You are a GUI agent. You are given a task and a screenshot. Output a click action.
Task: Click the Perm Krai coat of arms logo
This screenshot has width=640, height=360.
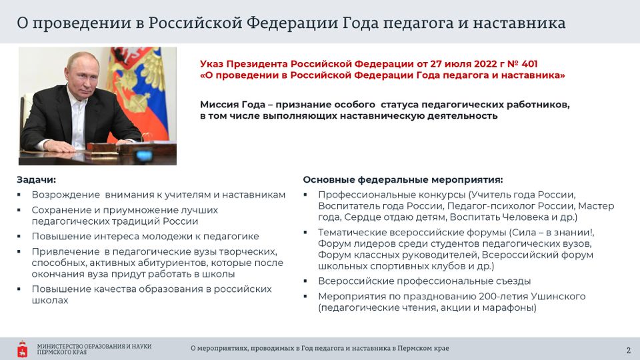23,349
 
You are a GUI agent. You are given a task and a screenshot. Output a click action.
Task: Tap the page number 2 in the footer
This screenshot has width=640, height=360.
629,350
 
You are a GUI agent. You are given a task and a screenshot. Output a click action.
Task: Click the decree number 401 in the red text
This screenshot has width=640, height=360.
529,64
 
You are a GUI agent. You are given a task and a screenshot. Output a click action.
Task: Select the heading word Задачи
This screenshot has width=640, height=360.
36,179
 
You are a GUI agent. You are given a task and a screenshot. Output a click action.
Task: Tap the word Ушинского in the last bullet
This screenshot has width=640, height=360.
558,296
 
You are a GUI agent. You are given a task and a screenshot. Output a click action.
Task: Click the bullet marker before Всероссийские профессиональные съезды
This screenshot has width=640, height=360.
305,281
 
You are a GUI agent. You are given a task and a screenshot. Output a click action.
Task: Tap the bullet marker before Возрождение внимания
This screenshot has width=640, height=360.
19,195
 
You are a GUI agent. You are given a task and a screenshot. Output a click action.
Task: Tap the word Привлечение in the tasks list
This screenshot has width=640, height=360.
65,251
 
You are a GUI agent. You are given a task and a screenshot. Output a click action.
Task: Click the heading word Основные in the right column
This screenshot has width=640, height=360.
329,179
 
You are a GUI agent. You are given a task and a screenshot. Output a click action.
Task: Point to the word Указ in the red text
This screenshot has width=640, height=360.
211,64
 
